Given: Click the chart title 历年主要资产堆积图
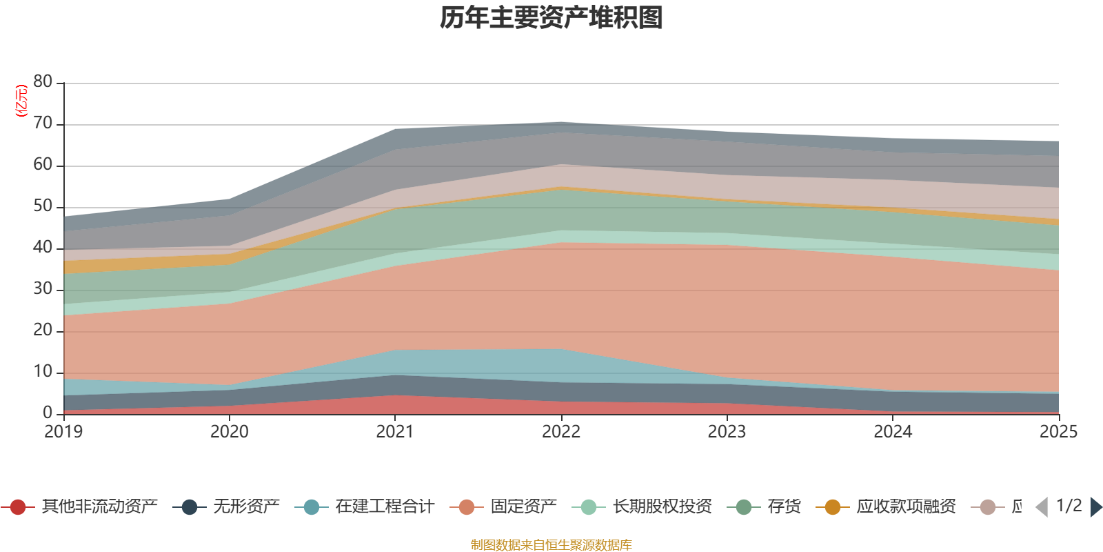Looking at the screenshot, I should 551,18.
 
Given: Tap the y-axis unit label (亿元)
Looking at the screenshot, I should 21,101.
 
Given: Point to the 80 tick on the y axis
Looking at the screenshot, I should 43,82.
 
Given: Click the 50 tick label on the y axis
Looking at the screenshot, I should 43,206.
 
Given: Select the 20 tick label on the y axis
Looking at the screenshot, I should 43,331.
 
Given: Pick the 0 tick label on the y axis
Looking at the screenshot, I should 48,413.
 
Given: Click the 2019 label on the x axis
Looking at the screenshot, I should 63,432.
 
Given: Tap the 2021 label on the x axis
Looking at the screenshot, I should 394,432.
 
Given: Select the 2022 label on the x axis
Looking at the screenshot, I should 560,432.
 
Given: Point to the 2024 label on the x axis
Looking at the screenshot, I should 893,432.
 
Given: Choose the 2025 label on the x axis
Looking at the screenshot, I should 1058,432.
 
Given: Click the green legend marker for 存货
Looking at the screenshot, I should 744,507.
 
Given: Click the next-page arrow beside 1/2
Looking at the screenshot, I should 1096,507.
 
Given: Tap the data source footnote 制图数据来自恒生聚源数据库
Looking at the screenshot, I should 551,545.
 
